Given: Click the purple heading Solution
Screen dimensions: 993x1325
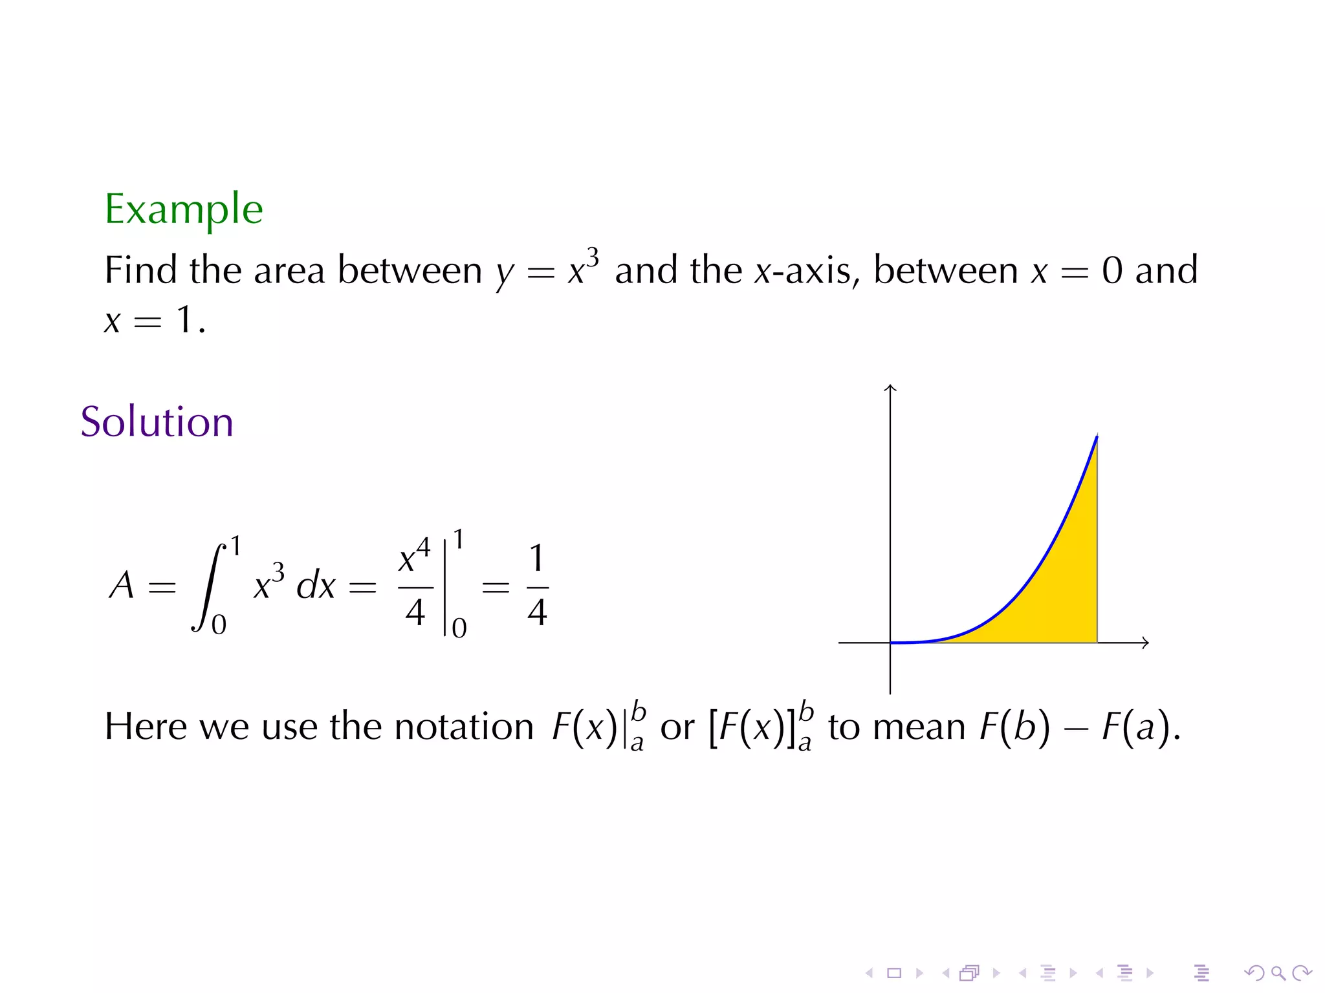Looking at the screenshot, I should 157,422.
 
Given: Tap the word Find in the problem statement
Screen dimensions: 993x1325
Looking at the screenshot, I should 140,270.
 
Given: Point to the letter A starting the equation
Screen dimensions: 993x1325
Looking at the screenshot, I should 122,586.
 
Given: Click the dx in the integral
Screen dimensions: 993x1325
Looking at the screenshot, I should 316,586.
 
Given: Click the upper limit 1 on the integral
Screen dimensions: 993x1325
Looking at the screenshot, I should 236,546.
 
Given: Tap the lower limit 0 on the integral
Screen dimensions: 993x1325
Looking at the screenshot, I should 219,625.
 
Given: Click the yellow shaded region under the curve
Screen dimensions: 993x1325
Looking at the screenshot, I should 1061,582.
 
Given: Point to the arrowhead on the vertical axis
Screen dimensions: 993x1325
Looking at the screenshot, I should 890,388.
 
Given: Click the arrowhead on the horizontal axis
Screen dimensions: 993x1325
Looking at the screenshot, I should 1145,643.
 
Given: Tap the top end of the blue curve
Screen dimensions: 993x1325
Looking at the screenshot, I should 1097,438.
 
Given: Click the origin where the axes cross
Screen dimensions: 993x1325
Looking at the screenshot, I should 890,643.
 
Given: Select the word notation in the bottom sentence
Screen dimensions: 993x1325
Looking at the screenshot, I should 464,727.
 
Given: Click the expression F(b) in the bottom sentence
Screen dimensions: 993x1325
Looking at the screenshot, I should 1014,727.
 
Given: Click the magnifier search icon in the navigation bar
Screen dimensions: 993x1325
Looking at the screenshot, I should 1278,973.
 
